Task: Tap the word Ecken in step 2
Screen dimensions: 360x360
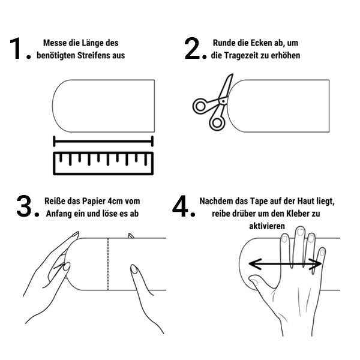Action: coord(261,43)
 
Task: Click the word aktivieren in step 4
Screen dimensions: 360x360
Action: coord(267,226)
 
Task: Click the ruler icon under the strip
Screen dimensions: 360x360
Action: coord(103,163)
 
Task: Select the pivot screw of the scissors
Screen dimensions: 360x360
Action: coord(223,101)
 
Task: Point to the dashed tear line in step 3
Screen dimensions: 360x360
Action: coord(108,264)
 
